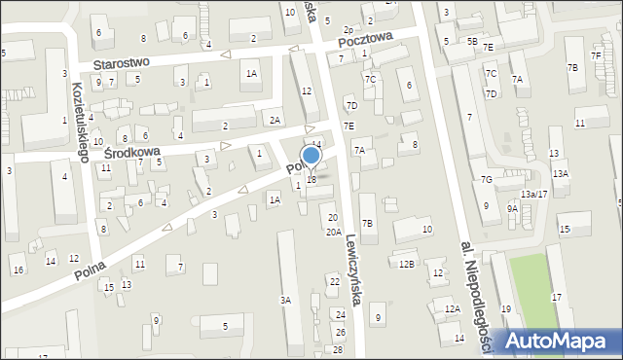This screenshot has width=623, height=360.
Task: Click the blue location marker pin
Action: (311, 157)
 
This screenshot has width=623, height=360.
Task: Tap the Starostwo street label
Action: (122, 62)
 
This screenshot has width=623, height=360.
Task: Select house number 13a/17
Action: (533, 195)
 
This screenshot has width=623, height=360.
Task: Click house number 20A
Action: (333, 233)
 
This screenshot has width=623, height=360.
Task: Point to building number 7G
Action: (486, 180)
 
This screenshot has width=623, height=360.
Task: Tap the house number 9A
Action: (512, 208)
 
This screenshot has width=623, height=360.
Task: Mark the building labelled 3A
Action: (286, 301)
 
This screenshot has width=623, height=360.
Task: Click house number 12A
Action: (452, 308)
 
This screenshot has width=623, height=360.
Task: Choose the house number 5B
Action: (472, 42)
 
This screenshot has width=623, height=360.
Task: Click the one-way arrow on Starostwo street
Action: (226, 54)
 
